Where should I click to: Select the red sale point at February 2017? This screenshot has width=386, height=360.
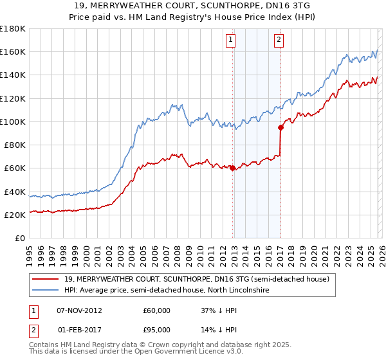(x=280, y=127)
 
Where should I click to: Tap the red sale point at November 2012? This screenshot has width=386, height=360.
(x=232, y=168)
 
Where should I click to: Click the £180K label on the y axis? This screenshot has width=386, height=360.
(x=13, y=29)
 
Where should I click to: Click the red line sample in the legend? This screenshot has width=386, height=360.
(x=46, y=279)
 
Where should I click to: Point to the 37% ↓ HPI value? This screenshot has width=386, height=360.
(x=219, y=310)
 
